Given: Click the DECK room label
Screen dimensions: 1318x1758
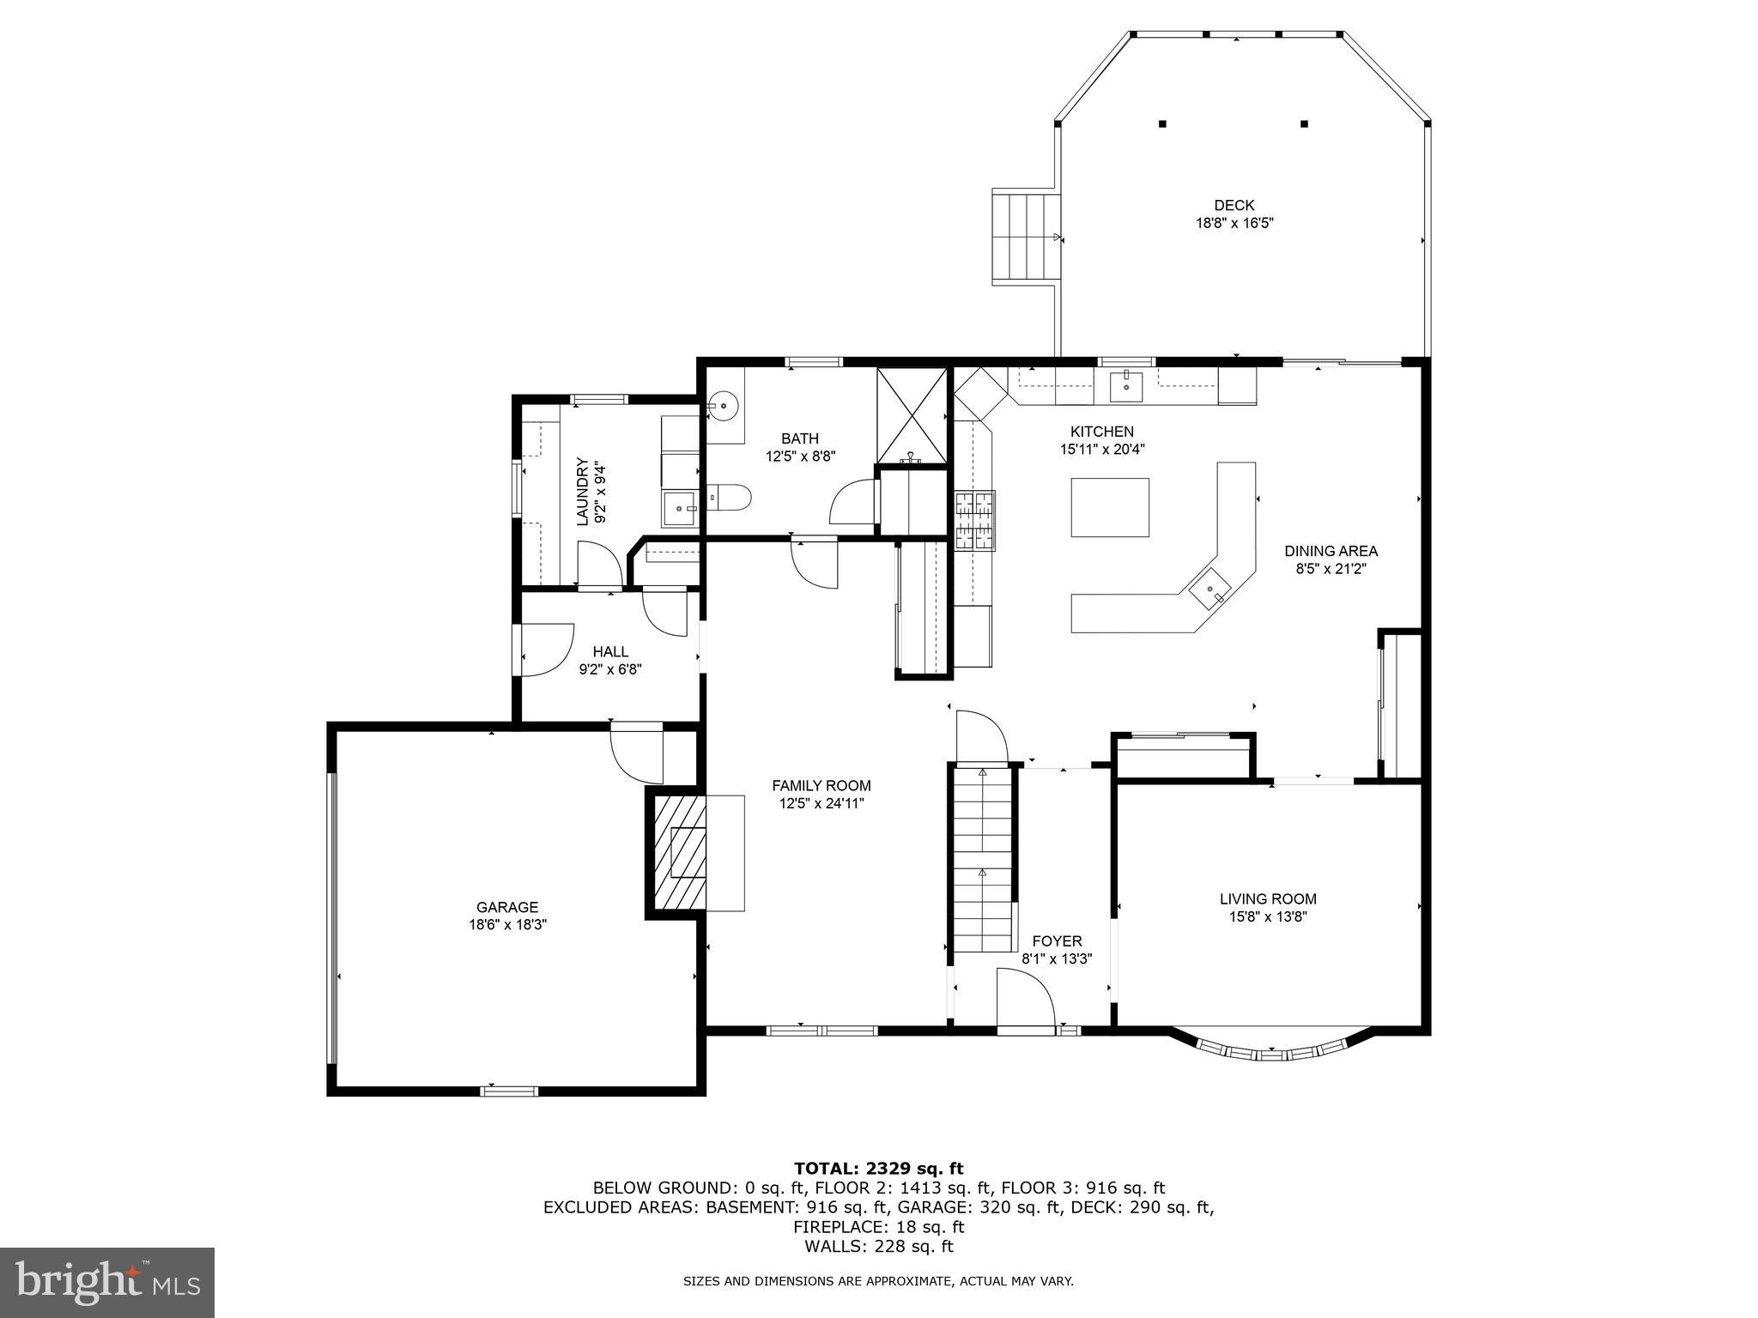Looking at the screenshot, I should [x=1234, y=205].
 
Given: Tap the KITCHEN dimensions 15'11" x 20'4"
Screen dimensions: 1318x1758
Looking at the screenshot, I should [x=1102, y=449].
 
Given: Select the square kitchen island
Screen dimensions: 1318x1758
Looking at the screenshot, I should [x=1109, y=507].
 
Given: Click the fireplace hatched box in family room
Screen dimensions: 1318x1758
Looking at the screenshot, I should [x=678, y=852].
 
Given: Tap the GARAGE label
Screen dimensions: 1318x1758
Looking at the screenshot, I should [x=507, y=907].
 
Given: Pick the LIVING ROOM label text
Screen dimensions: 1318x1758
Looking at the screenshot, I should [x=1268, y=898].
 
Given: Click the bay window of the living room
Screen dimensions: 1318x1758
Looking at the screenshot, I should [x=1271, y=1050].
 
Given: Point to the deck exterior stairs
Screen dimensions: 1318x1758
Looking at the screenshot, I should [x=1025, y=237].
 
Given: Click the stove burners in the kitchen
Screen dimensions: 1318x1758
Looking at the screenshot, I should [x=976, y=519].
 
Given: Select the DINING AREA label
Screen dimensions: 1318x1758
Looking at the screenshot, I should [x=1331, y=551].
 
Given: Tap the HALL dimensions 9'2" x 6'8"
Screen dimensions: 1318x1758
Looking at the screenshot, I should [x=610, y=669].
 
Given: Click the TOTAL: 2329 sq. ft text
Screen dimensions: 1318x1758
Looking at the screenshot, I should [x=878, y=1168].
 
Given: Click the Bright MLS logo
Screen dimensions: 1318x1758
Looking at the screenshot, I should [x=106, y=1282].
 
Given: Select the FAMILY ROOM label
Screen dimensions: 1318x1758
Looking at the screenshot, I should [x=821, y=785].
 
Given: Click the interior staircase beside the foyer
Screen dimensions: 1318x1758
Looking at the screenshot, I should [x=982, y=858].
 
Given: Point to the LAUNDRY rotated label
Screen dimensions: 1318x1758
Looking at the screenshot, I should [x=584, y=492].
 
